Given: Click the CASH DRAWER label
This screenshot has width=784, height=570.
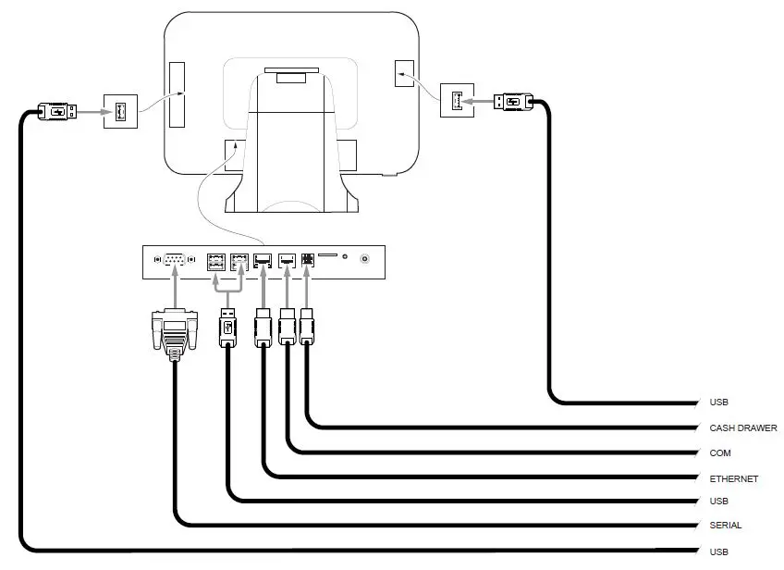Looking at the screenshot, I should point(743,428).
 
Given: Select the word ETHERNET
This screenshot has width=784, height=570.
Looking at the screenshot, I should point(734,478).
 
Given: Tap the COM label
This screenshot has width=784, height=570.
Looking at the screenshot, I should point(720,453).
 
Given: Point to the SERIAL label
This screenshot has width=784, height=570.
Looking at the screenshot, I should point(726,526).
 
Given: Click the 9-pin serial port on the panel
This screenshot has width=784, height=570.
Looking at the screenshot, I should point(175,260).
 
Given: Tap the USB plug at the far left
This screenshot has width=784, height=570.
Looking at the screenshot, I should point(56,112).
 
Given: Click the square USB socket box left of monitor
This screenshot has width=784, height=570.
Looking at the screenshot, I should point(120,112).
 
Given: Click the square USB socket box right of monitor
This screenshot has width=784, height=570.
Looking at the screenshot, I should point(456,100).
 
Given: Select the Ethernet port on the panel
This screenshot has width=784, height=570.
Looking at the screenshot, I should point(263,260).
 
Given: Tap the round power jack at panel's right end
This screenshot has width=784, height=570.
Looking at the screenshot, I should point(366,260).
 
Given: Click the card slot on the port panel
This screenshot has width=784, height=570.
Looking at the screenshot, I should point(327,254).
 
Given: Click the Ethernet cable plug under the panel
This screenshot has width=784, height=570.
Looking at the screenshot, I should point(263,328).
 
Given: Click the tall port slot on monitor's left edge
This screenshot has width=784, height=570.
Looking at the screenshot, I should point(176,95).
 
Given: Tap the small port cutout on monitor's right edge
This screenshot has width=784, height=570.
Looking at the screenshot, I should point(405,74).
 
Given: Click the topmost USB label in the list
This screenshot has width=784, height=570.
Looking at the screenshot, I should point(719,403).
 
